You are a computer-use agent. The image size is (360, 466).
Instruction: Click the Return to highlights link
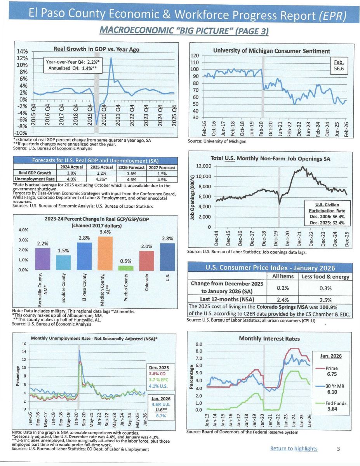click(294, 449)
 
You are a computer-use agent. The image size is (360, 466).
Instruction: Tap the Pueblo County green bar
click(125, 268)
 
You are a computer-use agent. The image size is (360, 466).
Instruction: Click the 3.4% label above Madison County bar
click(104, 232)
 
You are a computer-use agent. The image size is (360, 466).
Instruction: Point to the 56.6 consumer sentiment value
click(341, 70)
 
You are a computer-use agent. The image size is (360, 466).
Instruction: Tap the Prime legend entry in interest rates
click(332, 368)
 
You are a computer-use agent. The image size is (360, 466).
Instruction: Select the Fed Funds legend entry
click(336, 403)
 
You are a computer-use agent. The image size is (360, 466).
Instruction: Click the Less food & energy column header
click(326, 276)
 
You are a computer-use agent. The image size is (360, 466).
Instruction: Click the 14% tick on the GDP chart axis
click(23, 52)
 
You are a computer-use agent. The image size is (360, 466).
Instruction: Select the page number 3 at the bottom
click(338, 449)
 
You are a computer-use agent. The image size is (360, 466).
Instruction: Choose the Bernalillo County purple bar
click(43, 259)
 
